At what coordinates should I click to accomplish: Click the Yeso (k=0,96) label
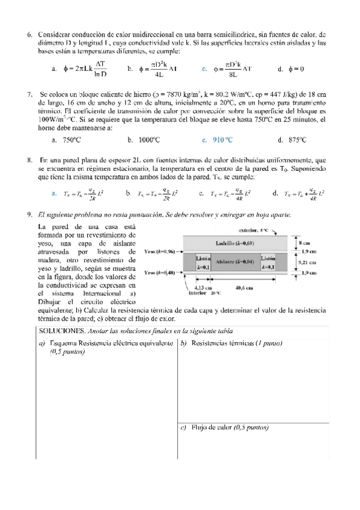(161, 251)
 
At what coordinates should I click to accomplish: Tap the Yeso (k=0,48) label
(161, 273)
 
